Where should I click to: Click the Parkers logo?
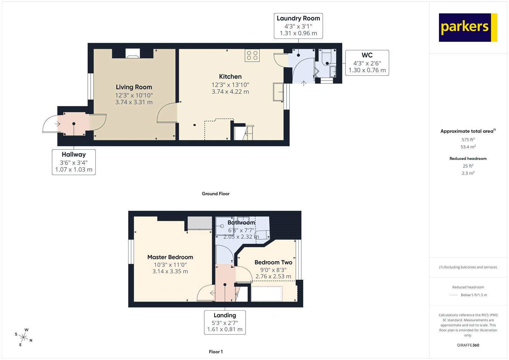tap(468, 27)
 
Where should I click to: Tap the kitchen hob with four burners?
tap(252, 55)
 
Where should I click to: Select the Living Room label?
tap(134, 87)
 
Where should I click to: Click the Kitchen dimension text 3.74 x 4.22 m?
tap(230, 92)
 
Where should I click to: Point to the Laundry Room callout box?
tap(298, 26)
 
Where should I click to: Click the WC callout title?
tap(367, 55)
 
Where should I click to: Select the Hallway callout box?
tap(74, 162)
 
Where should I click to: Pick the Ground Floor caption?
tap(215, 194)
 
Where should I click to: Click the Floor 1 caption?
tap(216, 352)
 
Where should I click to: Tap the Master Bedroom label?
tap(170, 257)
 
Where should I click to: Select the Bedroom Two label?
tap(273, 262)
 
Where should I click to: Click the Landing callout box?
tap(225, 322)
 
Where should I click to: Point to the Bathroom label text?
tap(241, 222)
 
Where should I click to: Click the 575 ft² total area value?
tap(468, 139)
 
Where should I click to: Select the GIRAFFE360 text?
tap(468, 345)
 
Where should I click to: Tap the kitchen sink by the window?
tap(278, 92)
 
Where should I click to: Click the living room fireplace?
tap(133, 53)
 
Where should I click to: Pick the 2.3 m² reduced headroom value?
tap(468, 173)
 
